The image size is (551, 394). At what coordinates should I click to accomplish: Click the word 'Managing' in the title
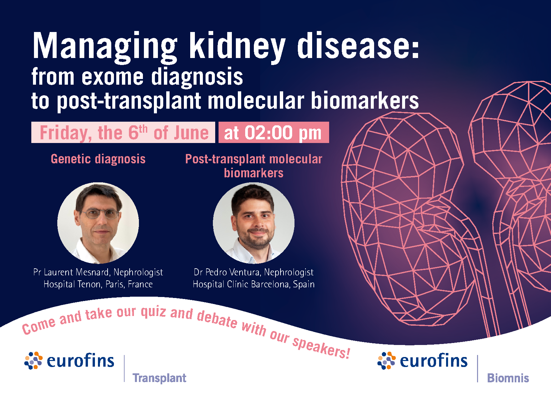coord(105,47)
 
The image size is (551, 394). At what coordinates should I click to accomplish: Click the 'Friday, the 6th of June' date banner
coord(123,132)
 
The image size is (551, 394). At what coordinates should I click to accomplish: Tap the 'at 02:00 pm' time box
coord(274,132)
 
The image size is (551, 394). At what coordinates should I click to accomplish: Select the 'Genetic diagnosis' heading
coord(98,159)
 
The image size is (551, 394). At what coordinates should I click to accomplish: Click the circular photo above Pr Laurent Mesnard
coord(98,223)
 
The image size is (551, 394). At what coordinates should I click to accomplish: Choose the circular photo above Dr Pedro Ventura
coord(254,223)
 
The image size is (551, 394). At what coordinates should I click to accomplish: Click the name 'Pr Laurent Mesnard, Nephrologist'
coord(98,272)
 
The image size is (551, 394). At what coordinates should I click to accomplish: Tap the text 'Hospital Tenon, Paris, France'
coord(98,284)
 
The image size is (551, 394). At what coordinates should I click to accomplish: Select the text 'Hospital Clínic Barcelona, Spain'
coord(254,284)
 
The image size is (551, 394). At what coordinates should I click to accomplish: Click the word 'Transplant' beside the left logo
coord(159,378)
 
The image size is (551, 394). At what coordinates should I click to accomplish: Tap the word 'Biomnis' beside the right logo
coord(508,378)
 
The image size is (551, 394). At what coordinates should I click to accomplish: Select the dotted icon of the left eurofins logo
coord(33,361)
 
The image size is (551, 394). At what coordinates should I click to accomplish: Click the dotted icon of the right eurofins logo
coord(386,361)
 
